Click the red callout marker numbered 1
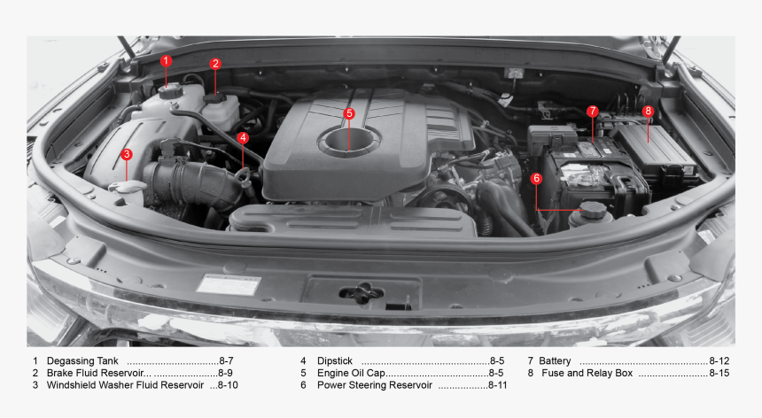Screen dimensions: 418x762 tap(166, 60)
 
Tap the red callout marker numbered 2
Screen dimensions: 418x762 tap(215, 64)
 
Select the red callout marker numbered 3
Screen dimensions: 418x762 tap(127, 154)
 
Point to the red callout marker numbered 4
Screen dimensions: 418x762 tap(243, 137)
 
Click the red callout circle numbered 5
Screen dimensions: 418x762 tap(349, 113)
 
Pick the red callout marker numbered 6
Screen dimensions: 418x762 tap(536, 178)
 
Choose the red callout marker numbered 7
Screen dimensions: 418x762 tap(592, 112)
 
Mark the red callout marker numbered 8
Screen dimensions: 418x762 tap(648, 112)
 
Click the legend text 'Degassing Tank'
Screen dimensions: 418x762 tap(82, 361)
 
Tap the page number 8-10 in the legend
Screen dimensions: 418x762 tap(227, 385)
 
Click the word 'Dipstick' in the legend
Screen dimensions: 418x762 tap(335, 361)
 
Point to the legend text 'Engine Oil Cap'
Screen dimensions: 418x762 tap(351, 373)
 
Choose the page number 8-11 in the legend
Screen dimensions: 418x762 tap(497, 385)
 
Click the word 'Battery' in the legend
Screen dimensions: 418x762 tap(555, 361)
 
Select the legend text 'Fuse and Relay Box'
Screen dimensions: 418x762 tap(587, 373)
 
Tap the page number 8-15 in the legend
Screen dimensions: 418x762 tap(719, 373)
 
